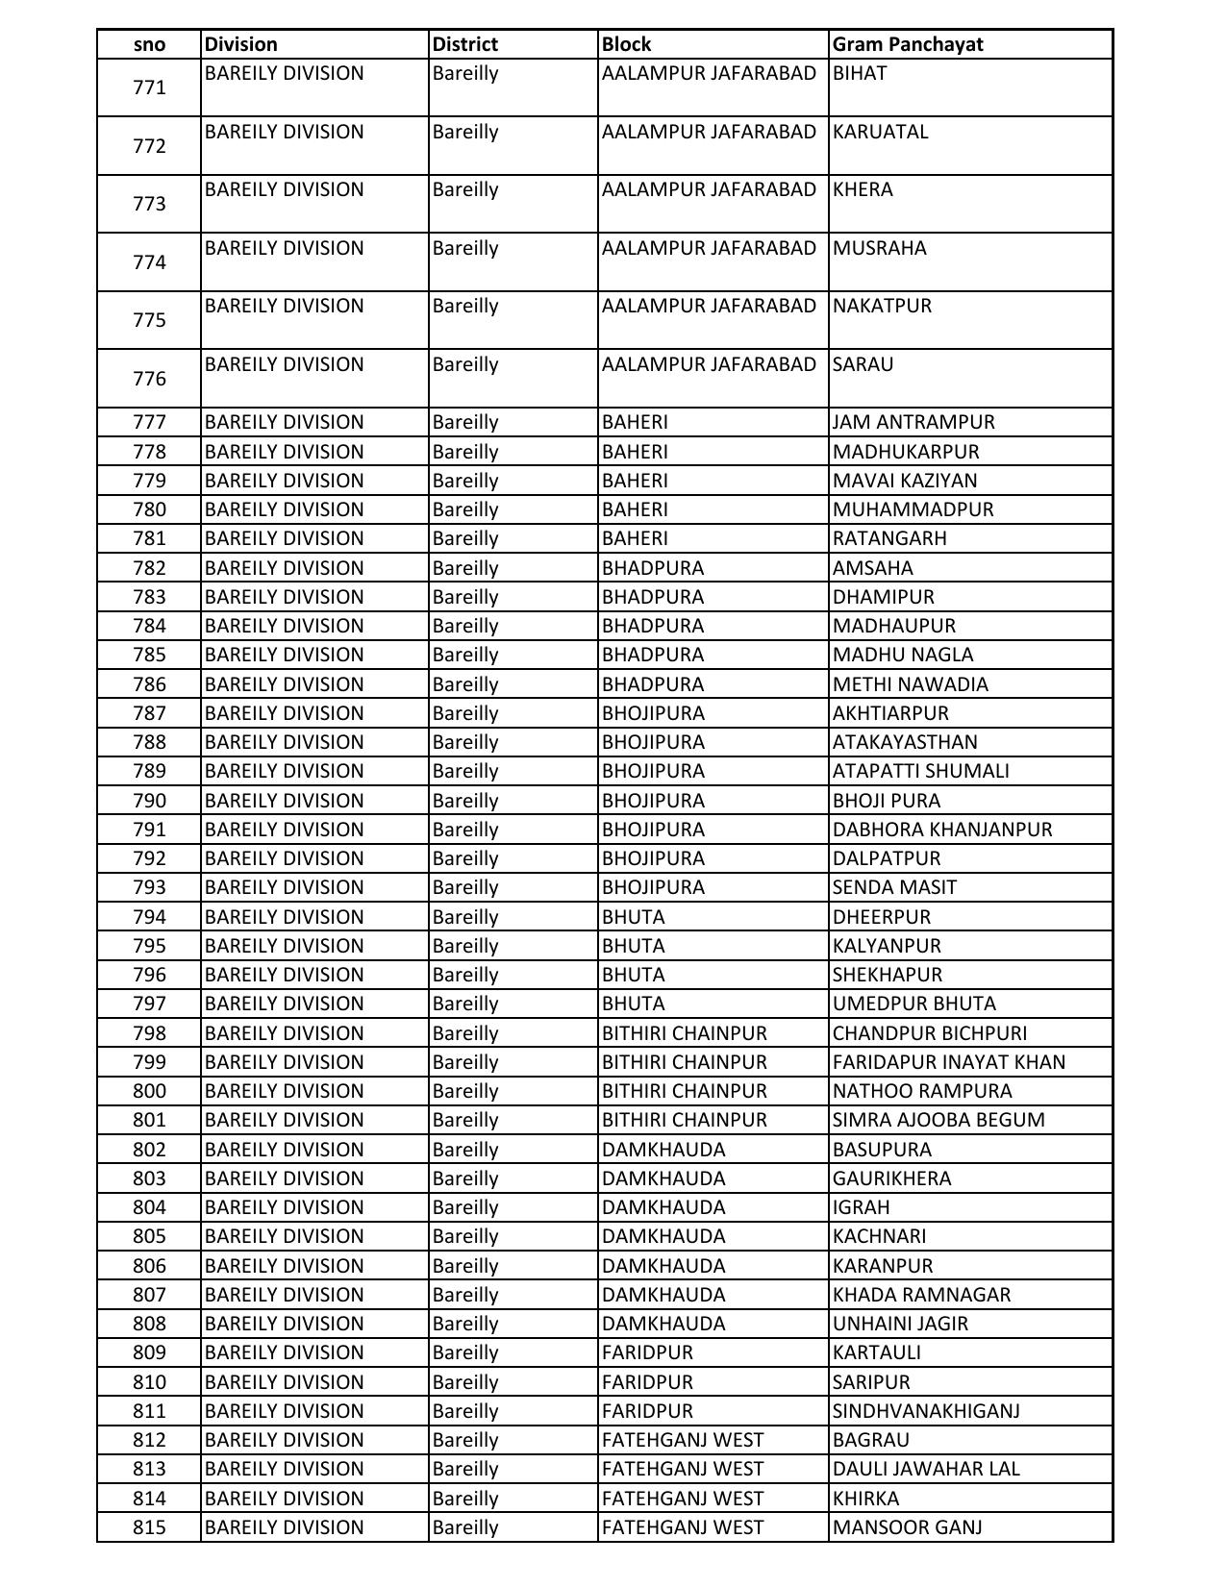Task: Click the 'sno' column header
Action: pyautogui.click(x=149, y=44)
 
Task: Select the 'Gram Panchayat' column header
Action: pyautogui.click(x=908, y=44)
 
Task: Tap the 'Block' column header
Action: pyautogui.click(x=626, y=44)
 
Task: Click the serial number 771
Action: pyautogui.click(x=149, y=87)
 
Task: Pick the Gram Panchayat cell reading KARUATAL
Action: pyautogui.click(x=880, y=132)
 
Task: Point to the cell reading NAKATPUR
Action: pyautogui.click(x=882, y=306)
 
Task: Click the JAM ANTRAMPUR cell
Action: pyautogui.click(x=913, y=422)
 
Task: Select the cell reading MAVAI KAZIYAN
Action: pyautogui.click(x=904, y=481)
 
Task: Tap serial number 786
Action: pyautogui.click(x=149, y=684)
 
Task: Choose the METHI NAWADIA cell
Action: pyautogui.click(x=910, y=684)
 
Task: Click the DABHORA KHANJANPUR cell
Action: pyautogui.click(x=942, y=830)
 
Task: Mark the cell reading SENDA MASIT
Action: pyautogui.click(x=894, y=887)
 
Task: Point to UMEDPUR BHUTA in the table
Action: pyautogui.click(x=913, y=1004)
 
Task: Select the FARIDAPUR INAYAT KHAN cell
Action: pyautogui.click(x=948, y=1062)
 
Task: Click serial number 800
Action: pyautogui.click(x=149, y=1091)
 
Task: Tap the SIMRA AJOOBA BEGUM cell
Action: pyautogui.click(x=938, y=1120)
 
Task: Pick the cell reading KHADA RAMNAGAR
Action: pyautogui.click(x=921, y=1295)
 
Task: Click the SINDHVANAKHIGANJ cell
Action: pyautogui.click(x=926, y=1411)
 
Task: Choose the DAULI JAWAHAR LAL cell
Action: pyautogui.click(x=926, y=1469)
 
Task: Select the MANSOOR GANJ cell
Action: pyautogui.click(x=907, y=1527)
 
